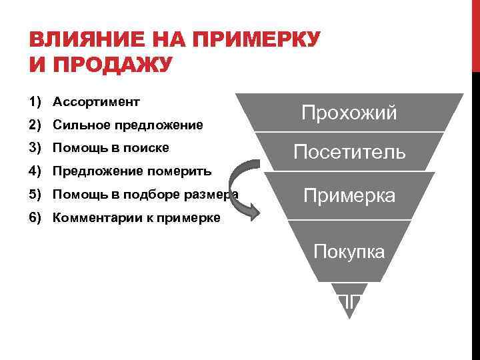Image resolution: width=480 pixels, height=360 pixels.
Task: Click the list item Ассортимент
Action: point(96,102)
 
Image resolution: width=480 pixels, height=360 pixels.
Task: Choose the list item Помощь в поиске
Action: point(110,147)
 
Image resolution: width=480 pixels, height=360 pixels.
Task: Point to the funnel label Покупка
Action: point(349,252)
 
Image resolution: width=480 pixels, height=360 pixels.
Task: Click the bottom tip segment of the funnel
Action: point(349,300)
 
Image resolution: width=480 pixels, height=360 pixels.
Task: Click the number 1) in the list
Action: point(36,102)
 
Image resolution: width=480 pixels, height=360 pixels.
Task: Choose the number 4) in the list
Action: point(36,171)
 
